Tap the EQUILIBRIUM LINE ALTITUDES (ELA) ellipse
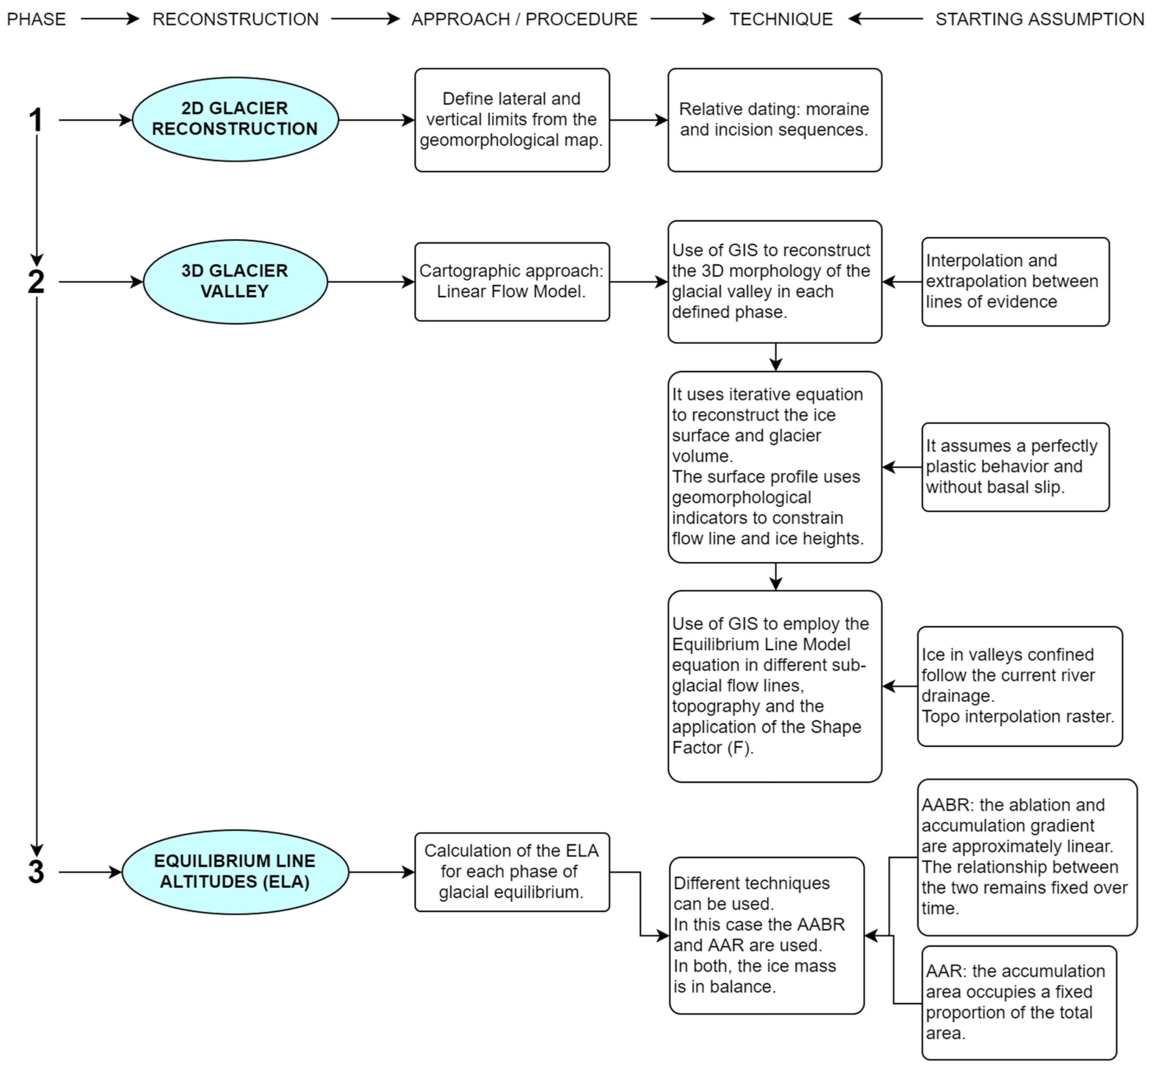(x=235, y=872)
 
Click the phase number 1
(x=36, y=120)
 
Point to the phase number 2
(x=36, y=282)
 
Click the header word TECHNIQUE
(x=781, y=19)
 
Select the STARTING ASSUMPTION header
(x=1039, y=19)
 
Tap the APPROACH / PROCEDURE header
(x=524, y=19)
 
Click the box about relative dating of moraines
(x=774, y=120)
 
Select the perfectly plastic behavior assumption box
(x=1015, y=467)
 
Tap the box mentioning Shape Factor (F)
(x=774, y=686)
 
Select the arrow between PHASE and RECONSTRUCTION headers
(x=110, y=19)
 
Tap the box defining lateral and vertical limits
(x=511, y=120)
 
